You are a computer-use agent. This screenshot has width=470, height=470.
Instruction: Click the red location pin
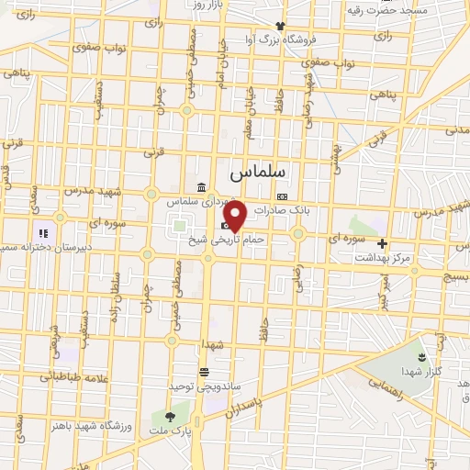pos(235,216)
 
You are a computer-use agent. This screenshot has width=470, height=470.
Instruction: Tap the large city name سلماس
pos(257,172)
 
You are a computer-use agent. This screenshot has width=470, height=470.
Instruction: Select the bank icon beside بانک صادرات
pos(281,196)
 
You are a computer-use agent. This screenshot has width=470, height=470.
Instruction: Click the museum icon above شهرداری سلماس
pos(200,188)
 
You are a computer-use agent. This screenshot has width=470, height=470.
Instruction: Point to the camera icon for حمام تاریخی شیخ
pos(226,226)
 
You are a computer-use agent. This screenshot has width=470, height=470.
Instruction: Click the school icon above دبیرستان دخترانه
pos(41,233)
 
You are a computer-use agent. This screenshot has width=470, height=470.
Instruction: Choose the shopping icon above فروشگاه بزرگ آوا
pos(280,26)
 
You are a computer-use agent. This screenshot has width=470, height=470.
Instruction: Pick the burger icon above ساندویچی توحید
pos(203,371)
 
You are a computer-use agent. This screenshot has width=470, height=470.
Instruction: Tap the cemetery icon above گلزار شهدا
pos(421,356)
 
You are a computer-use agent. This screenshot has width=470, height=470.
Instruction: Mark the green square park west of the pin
pos(178,224)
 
